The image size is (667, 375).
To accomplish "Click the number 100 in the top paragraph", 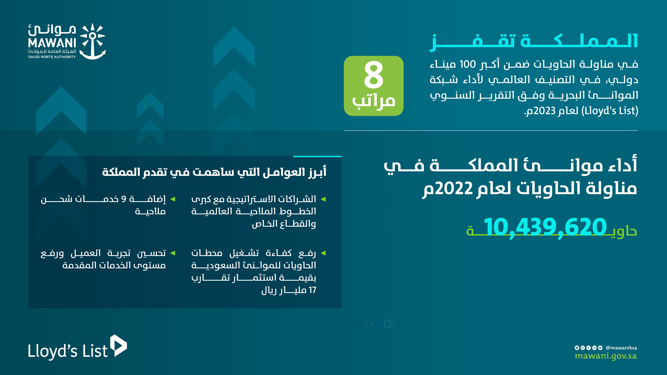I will coord(467,64).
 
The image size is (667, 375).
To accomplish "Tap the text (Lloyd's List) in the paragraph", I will coord(610,111).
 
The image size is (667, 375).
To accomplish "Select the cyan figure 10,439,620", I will coord(545,227).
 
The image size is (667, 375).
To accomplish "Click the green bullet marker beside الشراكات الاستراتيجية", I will coord(323,199).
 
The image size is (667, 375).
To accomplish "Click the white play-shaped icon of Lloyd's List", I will coord(119,345).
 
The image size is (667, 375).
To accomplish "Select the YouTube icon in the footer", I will coord(600,348).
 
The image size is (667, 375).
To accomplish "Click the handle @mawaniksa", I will coord(621,348).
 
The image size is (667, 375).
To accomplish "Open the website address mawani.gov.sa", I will coord(606,356).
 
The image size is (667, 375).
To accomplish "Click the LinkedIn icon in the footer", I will coord(594,348).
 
